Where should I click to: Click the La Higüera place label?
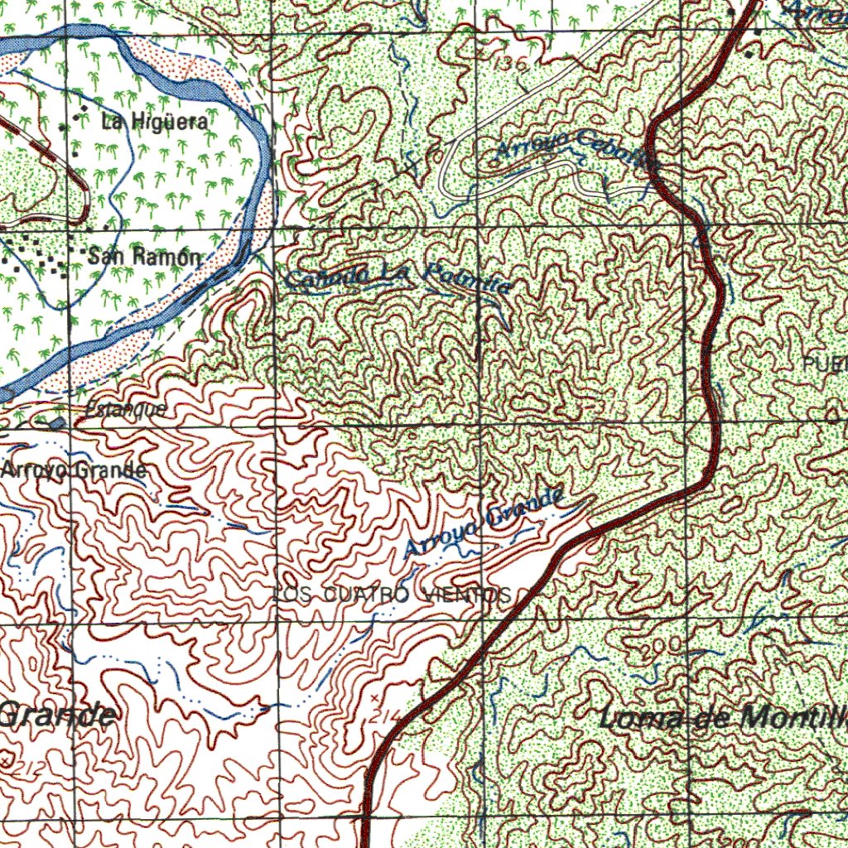coord(154,122)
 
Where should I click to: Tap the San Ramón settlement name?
coord(144,256)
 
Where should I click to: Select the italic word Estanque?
coord(126,409)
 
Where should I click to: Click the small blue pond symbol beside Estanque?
coord(56,423)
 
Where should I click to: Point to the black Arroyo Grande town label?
coord(75,470)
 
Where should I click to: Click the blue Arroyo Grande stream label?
coord(485,523)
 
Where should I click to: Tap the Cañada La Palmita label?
coord(397,277)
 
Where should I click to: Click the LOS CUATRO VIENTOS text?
coord(391,595)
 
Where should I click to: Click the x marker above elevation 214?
coord(374,699)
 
